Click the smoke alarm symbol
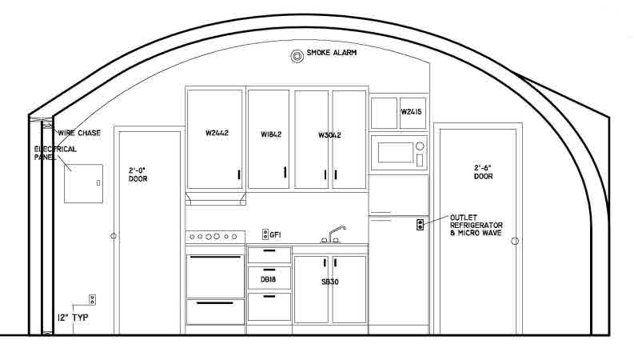point(297,56)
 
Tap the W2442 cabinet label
point(217,133)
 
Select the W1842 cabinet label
point(271,134)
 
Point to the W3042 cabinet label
point(329,135)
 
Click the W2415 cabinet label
point(411,112)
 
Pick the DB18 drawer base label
point(268,279)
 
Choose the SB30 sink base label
point(330,282)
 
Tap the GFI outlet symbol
point(265,234)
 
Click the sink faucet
point(333,234)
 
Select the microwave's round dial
point(420,146)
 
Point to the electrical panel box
point(83,183)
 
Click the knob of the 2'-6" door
point(515,241)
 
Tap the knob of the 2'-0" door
point(114,236)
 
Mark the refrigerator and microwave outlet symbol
point(420,225)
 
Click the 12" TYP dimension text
point(73,318)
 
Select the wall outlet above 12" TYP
point(92,300)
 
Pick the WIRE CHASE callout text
point(79,133)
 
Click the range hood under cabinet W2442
point(216,198)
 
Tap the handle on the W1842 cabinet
point(285,172)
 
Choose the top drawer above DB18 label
point(269,255)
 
